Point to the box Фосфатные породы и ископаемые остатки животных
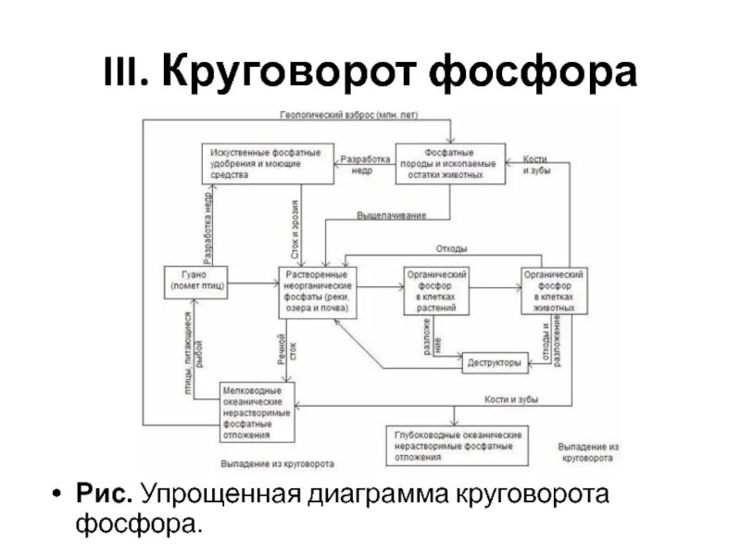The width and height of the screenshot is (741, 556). [450, 163]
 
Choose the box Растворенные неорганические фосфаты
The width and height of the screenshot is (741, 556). [318, 290]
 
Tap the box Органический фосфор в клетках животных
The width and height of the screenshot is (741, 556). [553, 290]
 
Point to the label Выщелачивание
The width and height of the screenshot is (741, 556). [392, 216]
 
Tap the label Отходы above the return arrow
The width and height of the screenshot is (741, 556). [452, 248]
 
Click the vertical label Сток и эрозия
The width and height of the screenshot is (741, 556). [295, 227]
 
